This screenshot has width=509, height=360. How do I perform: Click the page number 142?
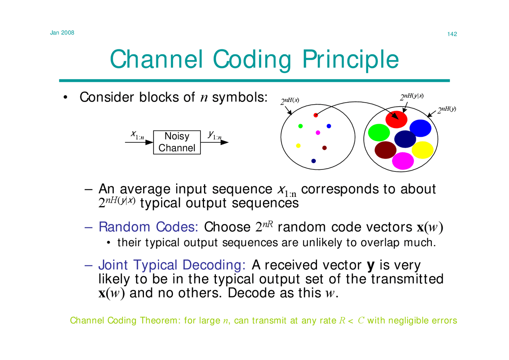[x=452, y=34]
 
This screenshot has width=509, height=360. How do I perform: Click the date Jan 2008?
[x=62, y=32]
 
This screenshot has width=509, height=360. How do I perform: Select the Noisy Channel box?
[x=177, y=142]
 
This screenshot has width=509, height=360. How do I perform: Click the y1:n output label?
[x=214, y=135]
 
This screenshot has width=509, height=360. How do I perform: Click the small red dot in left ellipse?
[x=316, y=115]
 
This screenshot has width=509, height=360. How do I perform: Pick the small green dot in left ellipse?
[x=301, y=126]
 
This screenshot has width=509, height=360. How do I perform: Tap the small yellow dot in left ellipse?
[x=298, y=146]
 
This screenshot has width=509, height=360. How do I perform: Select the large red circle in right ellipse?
[x=397, y=119]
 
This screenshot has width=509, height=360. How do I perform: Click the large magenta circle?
[x=403, y=161]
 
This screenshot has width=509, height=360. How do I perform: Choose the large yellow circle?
[x=422, y=150]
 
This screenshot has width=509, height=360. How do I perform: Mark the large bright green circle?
[x=379, y=132]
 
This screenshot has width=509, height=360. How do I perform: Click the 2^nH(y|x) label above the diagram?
[x=412, y=96]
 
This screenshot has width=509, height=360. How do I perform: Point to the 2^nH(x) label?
[x=289, y=101]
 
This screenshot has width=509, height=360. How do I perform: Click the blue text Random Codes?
[x=148, y=227]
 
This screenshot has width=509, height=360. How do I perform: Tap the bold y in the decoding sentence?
[x=373, y=265]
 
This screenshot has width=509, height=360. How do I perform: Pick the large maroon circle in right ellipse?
[x=385, y=150]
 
